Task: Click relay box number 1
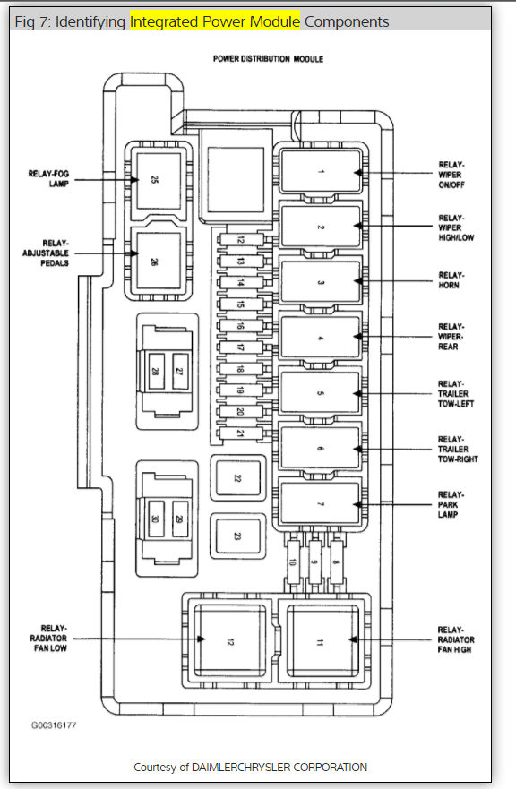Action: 322,171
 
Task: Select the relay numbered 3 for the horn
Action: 322,282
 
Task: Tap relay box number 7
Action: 321,503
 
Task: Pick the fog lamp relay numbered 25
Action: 158,181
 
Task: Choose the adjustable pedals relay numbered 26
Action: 158,261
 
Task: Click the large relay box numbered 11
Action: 322,642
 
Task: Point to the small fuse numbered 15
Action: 241,304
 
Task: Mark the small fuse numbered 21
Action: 241,433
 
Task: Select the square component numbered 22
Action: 238,478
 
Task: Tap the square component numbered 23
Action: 238,536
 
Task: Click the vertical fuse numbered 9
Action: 315,562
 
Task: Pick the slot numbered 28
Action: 156,372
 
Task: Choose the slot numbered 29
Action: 180,519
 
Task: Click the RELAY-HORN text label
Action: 451,280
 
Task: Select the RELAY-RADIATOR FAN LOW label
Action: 49,638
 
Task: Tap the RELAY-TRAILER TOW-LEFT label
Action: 456,393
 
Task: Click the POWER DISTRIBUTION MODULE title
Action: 268,59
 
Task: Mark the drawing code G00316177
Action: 54,725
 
